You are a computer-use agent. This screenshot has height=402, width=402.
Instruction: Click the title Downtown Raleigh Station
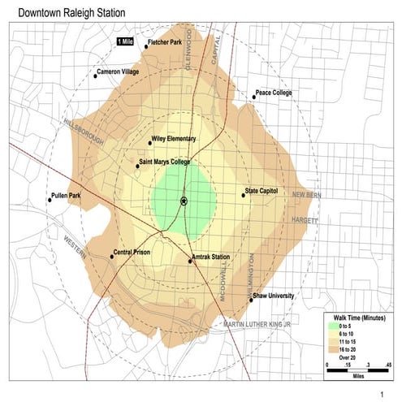click(67, 13)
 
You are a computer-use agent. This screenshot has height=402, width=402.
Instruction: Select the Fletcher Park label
click(166, 43)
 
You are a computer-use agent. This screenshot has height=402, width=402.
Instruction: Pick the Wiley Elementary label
click(175, 139)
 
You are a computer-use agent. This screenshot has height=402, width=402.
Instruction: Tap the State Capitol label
click(264, 192)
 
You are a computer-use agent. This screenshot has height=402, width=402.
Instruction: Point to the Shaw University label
click(274, 296)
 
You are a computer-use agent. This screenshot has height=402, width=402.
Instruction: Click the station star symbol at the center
click(184, 200)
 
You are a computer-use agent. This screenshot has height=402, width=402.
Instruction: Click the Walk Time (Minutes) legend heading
click(357, 318)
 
